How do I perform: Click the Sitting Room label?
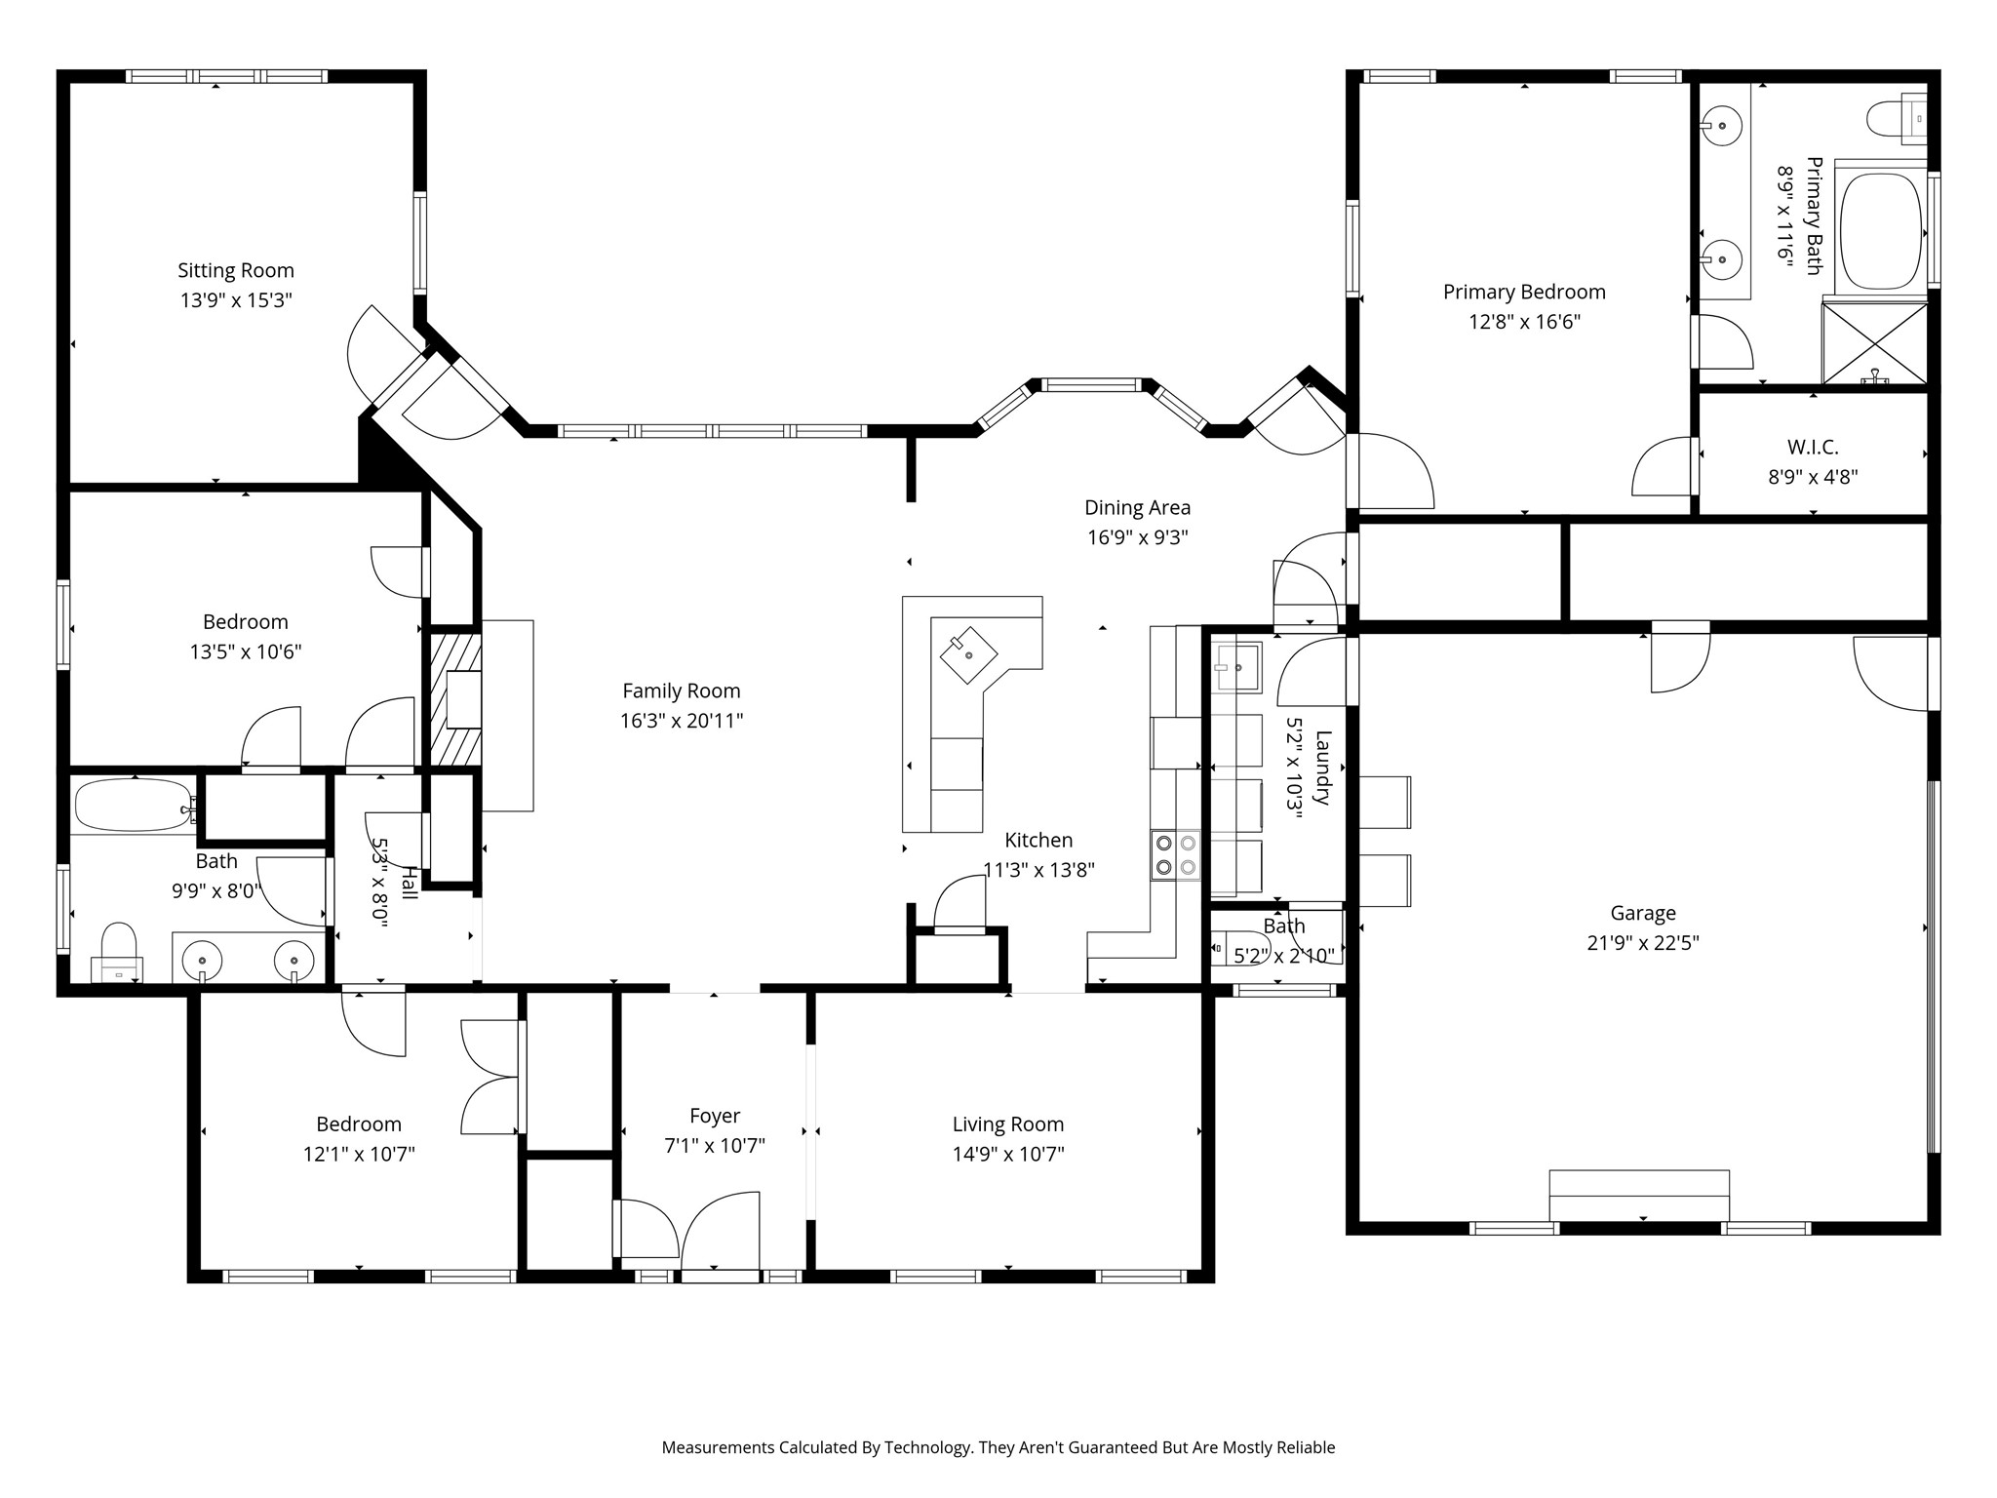click(x=235, y=270)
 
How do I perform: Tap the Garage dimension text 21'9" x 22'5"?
click(x=1643, y=942)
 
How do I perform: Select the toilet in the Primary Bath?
click(x=1897, y=119)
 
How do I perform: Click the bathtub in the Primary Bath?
click(x=1881, y=231)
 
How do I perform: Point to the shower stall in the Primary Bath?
click(x=1875, y=343)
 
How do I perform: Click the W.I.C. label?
click(x=1813, y=448)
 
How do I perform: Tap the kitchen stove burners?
click(x=1175, y=855)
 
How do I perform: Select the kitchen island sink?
click(x=968, y=654)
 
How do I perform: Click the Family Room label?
click(x=682, y=690)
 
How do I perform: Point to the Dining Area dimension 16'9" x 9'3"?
click(x=1138, y=537)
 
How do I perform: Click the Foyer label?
click(x=715, y=1116)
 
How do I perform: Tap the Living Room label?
click(x=1008, y=1124)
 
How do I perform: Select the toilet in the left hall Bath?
click(x=118, y=953)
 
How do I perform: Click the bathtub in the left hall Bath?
click(x=135, y=806)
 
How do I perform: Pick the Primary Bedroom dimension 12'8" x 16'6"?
click(x=1524, y=321)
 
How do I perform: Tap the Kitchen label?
click(x=1038, y=840)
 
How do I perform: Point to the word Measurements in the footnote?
click(x=718, y=1447)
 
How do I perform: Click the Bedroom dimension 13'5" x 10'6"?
click(x=246, y=651)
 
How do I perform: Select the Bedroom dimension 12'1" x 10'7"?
click(x=359, y=1154)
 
